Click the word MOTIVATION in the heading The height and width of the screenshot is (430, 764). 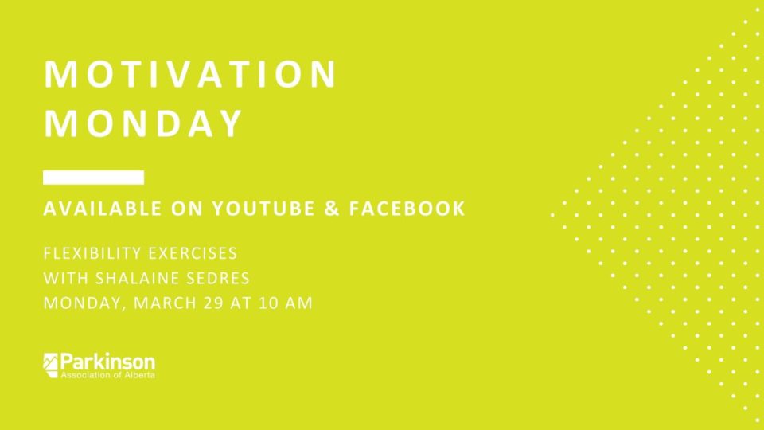190,74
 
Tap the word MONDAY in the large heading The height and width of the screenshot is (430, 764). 143,123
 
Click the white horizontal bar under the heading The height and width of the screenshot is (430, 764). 94,178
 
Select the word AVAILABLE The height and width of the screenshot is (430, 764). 103,209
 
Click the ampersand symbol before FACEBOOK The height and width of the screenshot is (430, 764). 332,209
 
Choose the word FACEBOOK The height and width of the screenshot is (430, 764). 407,209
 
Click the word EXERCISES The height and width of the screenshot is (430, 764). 193,253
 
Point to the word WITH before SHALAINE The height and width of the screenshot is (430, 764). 66,279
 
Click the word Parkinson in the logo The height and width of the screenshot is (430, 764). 107,362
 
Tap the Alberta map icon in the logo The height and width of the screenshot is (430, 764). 50,365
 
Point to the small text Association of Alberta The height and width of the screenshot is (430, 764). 107,375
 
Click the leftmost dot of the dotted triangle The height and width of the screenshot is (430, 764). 552,214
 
